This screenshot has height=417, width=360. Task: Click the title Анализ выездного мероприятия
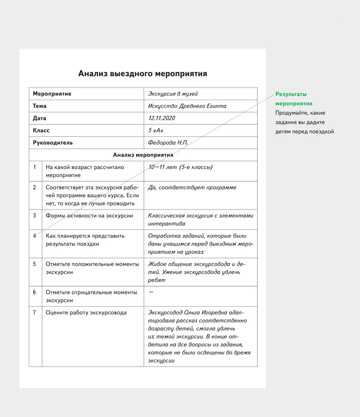[142, 74]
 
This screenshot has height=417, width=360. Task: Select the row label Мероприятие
[52, 94]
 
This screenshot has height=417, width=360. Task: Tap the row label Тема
[40, 106]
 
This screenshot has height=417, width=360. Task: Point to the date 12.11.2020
[161, 118]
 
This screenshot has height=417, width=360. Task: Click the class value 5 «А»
[156, 130]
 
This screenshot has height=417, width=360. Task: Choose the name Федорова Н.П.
[168, 143]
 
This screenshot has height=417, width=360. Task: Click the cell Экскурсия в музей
[173, 94]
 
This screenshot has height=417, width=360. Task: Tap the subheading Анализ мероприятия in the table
[143, 155]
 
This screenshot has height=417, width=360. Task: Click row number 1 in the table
[35, 167]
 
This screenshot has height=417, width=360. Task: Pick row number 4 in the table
[35, 235]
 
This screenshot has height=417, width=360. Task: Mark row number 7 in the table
[35, 313]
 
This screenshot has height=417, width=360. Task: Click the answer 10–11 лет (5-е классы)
[180, 167]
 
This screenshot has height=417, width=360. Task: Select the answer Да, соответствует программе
[192, 188]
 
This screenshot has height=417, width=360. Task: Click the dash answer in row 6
[151, 292]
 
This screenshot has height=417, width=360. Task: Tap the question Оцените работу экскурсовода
[86, 313]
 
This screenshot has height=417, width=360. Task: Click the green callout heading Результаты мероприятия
[294, 99]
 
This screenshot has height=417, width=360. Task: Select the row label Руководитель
[53, 143]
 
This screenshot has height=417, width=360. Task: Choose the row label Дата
[40, 118]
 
